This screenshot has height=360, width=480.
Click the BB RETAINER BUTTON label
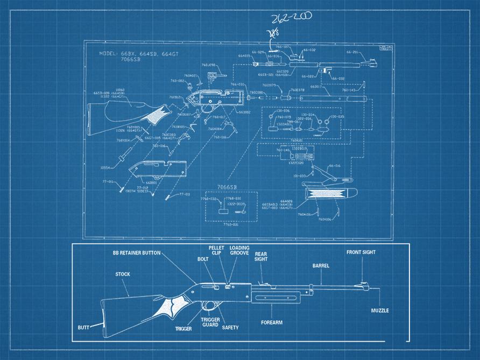coord(136,252)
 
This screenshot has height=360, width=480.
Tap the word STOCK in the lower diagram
coord(122,274)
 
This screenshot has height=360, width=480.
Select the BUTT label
coord(83,327)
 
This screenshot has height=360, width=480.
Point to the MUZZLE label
coord(380,310)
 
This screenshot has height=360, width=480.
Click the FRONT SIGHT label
coord(361,252)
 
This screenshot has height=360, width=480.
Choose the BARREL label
coord(321,266)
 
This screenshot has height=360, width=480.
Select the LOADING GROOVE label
coord(239,250)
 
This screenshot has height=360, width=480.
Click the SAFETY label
coord(230,327)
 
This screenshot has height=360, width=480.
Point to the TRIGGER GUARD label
coord(210,322)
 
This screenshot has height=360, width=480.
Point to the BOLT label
coord(203,259)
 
